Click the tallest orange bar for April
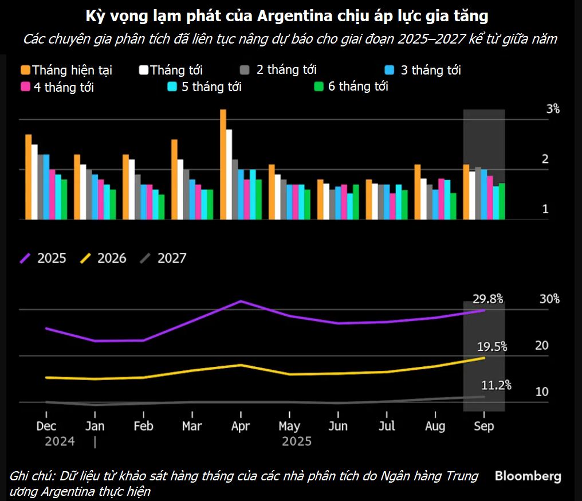(x=223, y=165)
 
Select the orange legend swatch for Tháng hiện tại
(x=25, y=71)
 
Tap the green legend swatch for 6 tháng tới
(x=320, y=87)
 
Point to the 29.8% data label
(x=487, y=299)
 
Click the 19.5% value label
(x=491, y=346)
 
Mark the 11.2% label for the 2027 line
(x=496, y=385)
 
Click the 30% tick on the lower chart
(x=549, y=299)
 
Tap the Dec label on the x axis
(x=46, y=426)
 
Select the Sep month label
(x=484, y=426)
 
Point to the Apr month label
(x=241, y=426)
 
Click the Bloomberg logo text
(x=528, y=476)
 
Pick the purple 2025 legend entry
(x=44, y=258)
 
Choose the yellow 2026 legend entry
(x=103, y=258)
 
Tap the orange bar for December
(x=28, y=177)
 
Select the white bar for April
(x=229, y=174)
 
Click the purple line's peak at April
(x=241, y=301)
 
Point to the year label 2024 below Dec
(x=60, y=441)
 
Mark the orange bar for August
(x=418, y=192)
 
